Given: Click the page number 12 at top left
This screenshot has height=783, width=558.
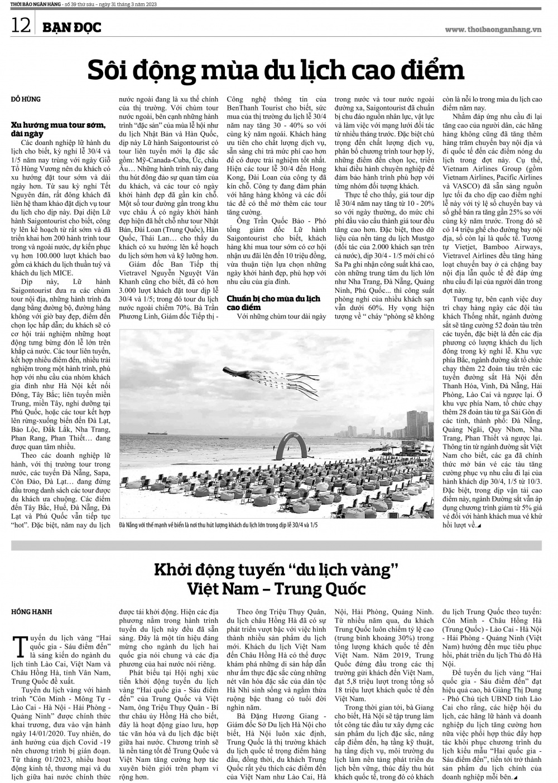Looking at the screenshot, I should point(20,26).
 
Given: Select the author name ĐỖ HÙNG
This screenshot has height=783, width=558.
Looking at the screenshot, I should point(26,99).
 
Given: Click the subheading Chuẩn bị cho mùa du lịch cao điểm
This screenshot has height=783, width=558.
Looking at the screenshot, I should point(273,302).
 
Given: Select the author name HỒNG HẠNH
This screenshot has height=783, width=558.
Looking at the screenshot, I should point(32,612).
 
